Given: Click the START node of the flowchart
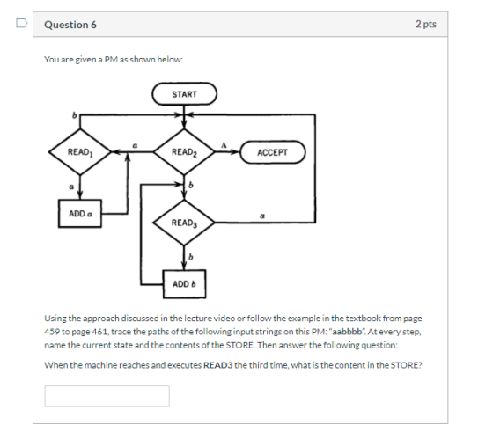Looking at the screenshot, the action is [x=184, y=93].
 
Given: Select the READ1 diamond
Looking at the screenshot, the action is [x=80, y=152].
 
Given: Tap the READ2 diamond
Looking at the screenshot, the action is [x=184, y=152].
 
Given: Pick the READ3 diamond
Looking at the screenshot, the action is [x=184, y=223].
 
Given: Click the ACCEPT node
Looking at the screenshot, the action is [x=273, y=152].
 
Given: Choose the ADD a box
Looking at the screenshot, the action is [x=80, y=214].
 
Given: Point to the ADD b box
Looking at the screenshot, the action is [x=184, y=284].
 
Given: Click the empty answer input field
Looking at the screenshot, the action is [x=107, y=396].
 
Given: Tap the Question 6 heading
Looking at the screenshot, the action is [x=70, y=25].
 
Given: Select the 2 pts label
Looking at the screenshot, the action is [x=426, y=24].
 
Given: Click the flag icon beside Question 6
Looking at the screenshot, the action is [x=21, y=23].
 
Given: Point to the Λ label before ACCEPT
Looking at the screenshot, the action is [x=224, y=145].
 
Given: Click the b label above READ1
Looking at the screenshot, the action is [x=75, y=115].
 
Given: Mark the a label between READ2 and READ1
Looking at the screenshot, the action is [x=135, y=146].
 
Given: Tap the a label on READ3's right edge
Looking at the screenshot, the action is [x=262, y=216].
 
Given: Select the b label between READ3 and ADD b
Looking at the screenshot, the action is [x=190, y=257].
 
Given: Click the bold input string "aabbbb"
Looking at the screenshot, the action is [x=348, y=332].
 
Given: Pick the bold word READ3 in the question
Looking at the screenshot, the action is [x=218, y=365].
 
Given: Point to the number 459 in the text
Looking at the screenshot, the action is [x=50, y=332].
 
